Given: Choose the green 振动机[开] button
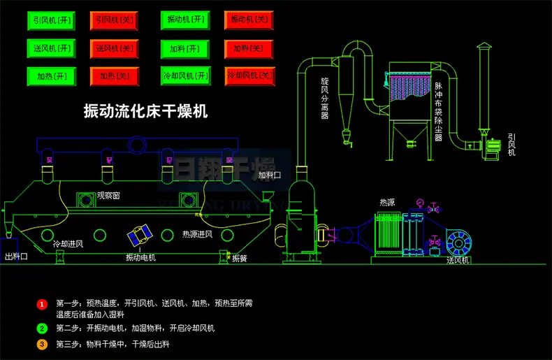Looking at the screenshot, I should point(185,20).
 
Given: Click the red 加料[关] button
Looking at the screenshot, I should point(249,48).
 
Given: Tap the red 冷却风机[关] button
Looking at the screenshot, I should point(249,75).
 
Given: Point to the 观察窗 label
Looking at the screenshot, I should point(108,196).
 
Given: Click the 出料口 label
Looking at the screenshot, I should point(16,257).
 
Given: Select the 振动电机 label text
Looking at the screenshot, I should point(140,258).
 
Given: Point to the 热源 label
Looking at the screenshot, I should point(387,202).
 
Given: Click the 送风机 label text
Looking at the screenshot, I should point(458,260).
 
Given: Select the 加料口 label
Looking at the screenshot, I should point(269,175).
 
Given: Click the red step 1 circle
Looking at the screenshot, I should point(42,305).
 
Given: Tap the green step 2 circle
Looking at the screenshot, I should point(42,328).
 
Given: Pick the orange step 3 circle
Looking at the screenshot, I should point(42,344).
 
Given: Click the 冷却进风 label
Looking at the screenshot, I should point(68,244).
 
